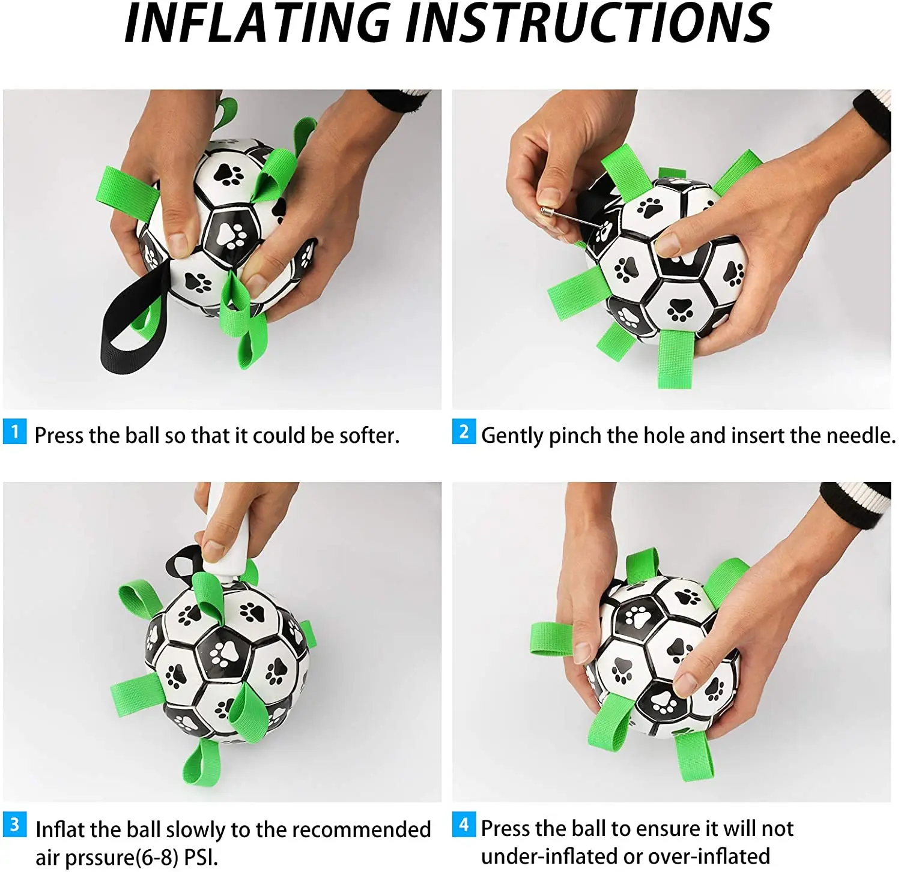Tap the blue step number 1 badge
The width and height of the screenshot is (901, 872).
pos(14,431)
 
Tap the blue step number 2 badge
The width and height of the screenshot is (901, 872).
pos(464,431)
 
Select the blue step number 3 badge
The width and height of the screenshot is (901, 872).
pos(14,825)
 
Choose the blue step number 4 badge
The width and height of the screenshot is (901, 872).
pos(464,825)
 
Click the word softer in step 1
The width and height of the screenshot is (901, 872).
pos(369,436)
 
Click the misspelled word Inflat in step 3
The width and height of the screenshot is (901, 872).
pos(60,829)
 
